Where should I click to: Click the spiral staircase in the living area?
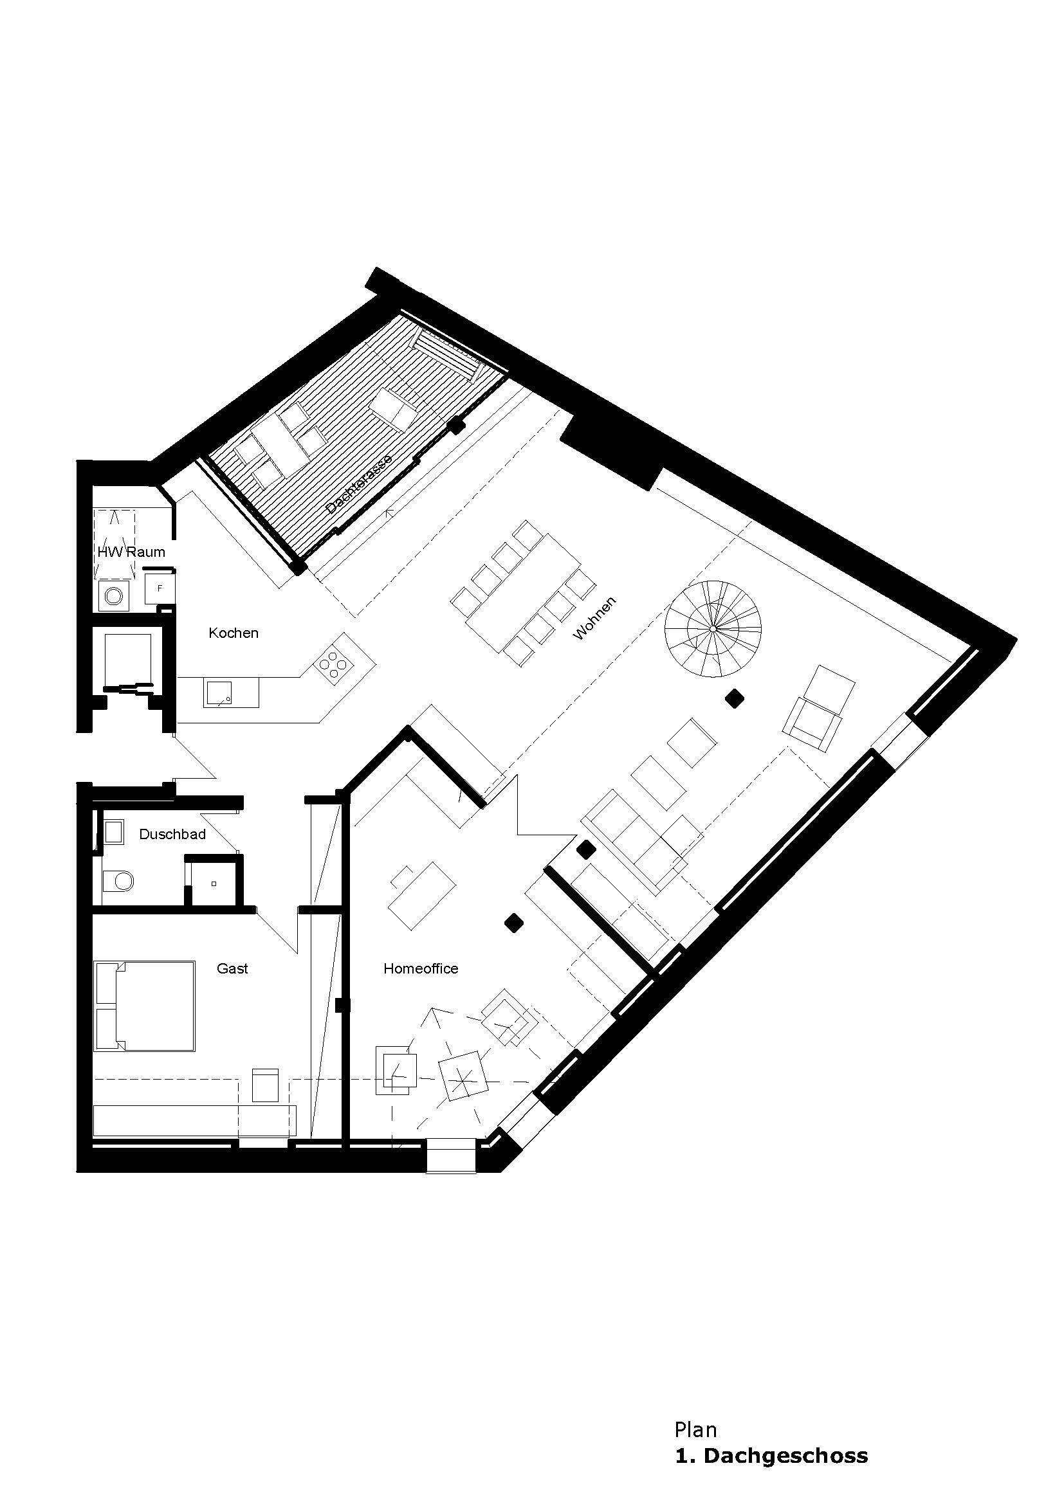point(713,629)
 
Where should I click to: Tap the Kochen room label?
point(234,633)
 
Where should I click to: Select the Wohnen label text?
point(594,618)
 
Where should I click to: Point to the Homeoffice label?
point(421,969)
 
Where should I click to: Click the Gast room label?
point(232,968)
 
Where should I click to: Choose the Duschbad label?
point(172,835)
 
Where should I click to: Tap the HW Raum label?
point(131,552)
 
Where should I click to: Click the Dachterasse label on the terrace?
point(358,485)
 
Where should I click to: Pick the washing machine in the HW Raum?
point(115,596)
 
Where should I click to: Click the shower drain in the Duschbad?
point(214,883)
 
